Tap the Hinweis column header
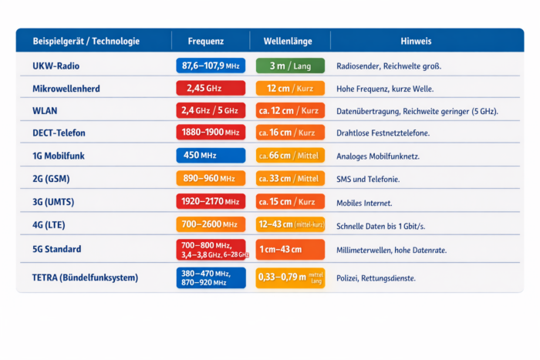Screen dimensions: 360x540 [x=416, y=41]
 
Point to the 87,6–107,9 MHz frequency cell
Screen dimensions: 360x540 [x=211, y=66]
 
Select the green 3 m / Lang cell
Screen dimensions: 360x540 [x=290, y=66]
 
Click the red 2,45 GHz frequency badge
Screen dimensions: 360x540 [x=211, y=89]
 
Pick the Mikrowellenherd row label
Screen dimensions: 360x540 [x=66, y=89]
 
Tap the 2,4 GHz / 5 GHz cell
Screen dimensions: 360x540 [x=211, y=111]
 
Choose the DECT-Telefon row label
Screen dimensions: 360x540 [x=59, y=133]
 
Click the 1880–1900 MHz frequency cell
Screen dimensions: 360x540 [x=211, y=133]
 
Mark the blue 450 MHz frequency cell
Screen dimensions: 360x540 [x=211, y=156]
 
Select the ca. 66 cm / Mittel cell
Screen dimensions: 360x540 [x=290, y=156]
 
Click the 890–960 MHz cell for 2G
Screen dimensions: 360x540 [x=211, y=179]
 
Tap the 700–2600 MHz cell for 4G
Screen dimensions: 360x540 [x=211, y=224]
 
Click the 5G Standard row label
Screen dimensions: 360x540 [x=57, y=250]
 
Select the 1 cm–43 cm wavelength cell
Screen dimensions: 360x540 [x=290, y=250]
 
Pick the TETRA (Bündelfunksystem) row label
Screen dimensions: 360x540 [x=85, y=278]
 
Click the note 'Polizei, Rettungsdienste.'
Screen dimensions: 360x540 [x=376, y=278]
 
